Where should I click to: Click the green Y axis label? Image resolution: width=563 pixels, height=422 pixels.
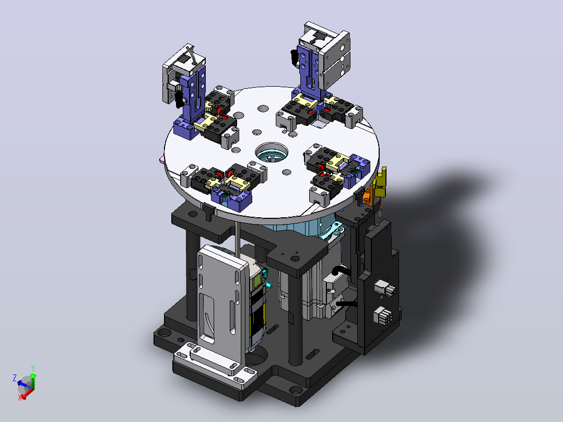(x=33, y=368)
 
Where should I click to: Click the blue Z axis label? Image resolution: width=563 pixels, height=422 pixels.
(x=15, y=378)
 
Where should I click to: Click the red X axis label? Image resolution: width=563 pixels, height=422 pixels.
(x=20, y=397)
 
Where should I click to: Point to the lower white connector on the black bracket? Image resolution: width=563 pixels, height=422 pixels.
(x=384, y=315)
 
